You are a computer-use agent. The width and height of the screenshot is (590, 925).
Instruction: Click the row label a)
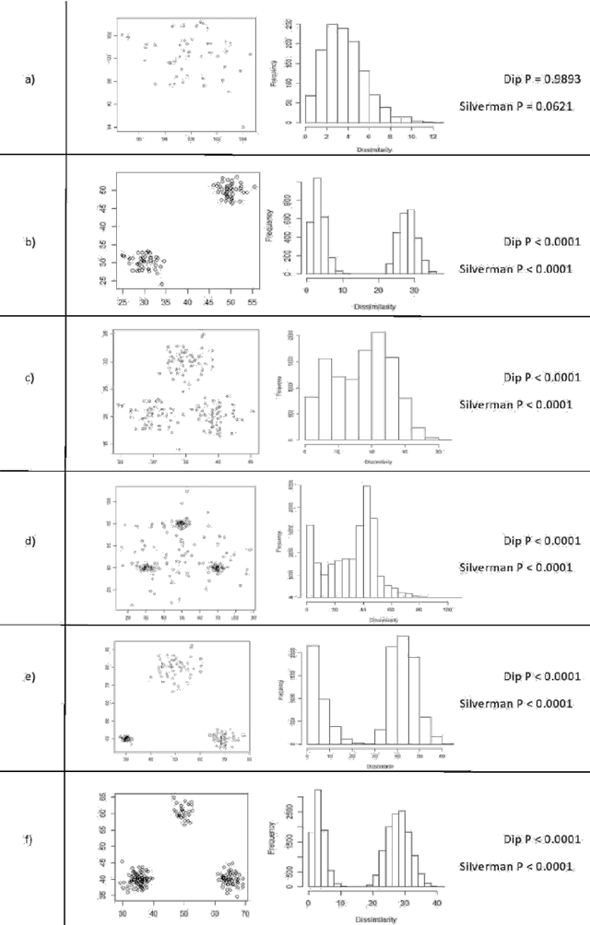tap(30, 79)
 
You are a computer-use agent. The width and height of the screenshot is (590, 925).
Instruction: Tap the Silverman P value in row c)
tap(520, 404)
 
